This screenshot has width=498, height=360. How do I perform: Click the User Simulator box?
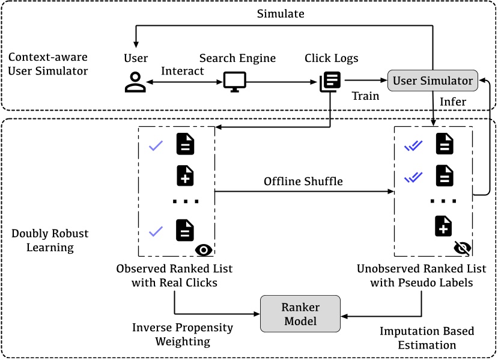click(x=433, y=81)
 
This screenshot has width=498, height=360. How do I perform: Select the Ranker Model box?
click(x=300, y=314)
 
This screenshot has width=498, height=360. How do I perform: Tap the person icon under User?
click(x=135, y=82)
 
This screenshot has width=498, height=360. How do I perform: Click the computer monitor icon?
click(x=233, y=82)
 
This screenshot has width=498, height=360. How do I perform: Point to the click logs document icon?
click(x=330, y=82)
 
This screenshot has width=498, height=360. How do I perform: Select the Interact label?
click(x=183, y=70)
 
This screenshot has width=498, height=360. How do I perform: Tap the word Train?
click(x=365, y=96)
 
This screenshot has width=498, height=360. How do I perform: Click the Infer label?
click(x=453, y=102)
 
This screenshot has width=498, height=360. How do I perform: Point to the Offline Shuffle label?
click(x=303, y=182)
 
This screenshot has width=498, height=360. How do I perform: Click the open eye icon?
click(x=204, y=249)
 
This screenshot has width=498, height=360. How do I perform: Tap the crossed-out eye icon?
click(x=463, y=248)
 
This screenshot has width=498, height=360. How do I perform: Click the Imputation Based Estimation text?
click(x=427, y=338)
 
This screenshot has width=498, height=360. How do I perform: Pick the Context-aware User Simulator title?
click(x=48, y=64)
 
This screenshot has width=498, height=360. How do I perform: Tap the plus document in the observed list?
click(x=185, y=175)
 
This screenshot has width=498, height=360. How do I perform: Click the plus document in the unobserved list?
click(x=443, y=226)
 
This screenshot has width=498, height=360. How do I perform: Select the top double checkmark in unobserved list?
click(x=413, y=145)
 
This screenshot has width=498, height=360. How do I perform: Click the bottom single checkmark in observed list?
click(x=156, y=231)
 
